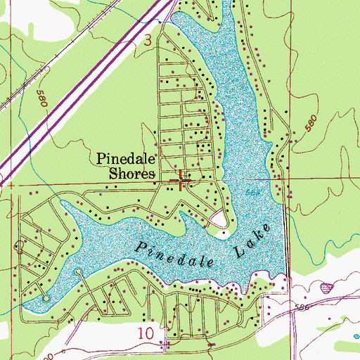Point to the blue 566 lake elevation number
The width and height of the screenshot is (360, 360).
point(252,193)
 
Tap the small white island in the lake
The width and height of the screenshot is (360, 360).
point(221,223)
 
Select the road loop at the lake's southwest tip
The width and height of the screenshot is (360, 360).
point(46,298)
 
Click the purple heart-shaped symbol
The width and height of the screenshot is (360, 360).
point(326,288)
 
